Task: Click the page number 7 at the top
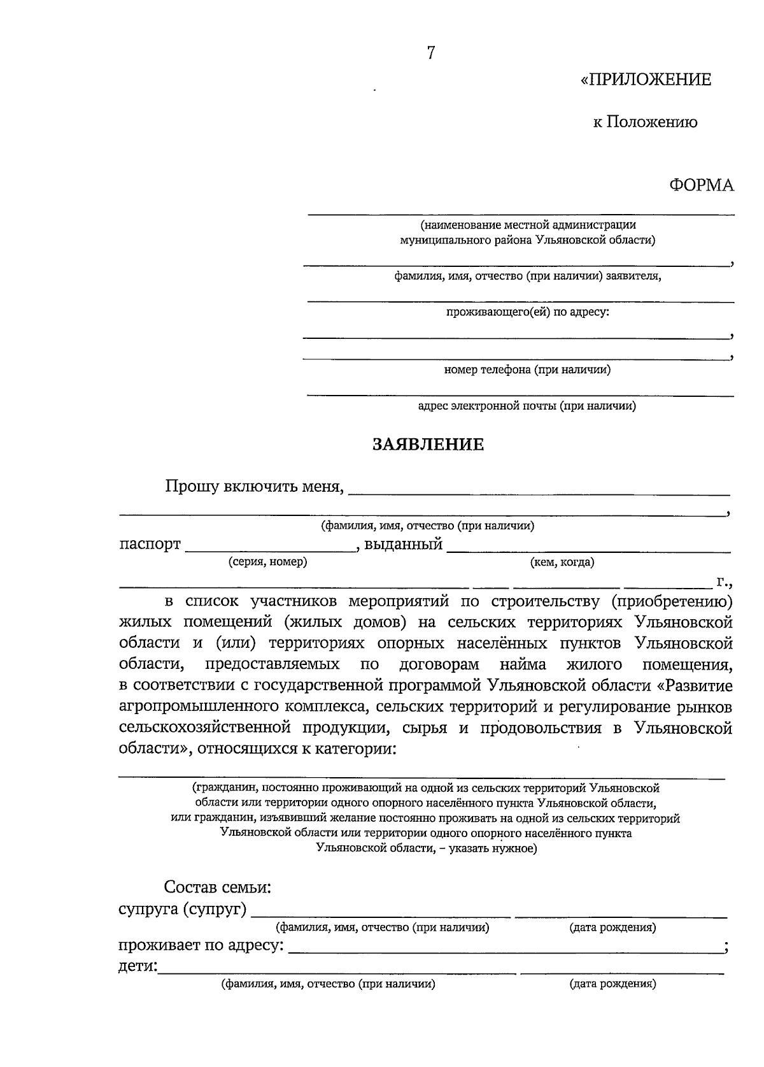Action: [431, 53]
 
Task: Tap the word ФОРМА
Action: [701, 185]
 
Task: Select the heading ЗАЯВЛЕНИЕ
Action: [428, 444]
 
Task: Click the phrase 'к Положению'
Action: [645, 122]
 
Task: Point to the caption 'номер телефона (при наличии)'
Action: [527, 369]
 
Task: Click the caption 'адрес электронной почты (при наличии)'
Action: [527, 406]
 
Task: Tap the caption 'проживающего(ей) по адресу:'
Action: [527, 312]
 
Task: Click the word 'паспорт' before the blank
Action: [150, 545]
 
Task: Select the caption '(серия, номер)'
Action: [267, 562]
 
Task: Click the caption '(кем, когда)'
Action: [562, 562]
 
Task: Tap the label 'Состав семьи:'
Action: [218, 887]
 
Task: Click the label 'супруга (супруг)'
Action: [183, 909]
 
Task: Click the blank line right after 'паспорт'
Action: [270, 549]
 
